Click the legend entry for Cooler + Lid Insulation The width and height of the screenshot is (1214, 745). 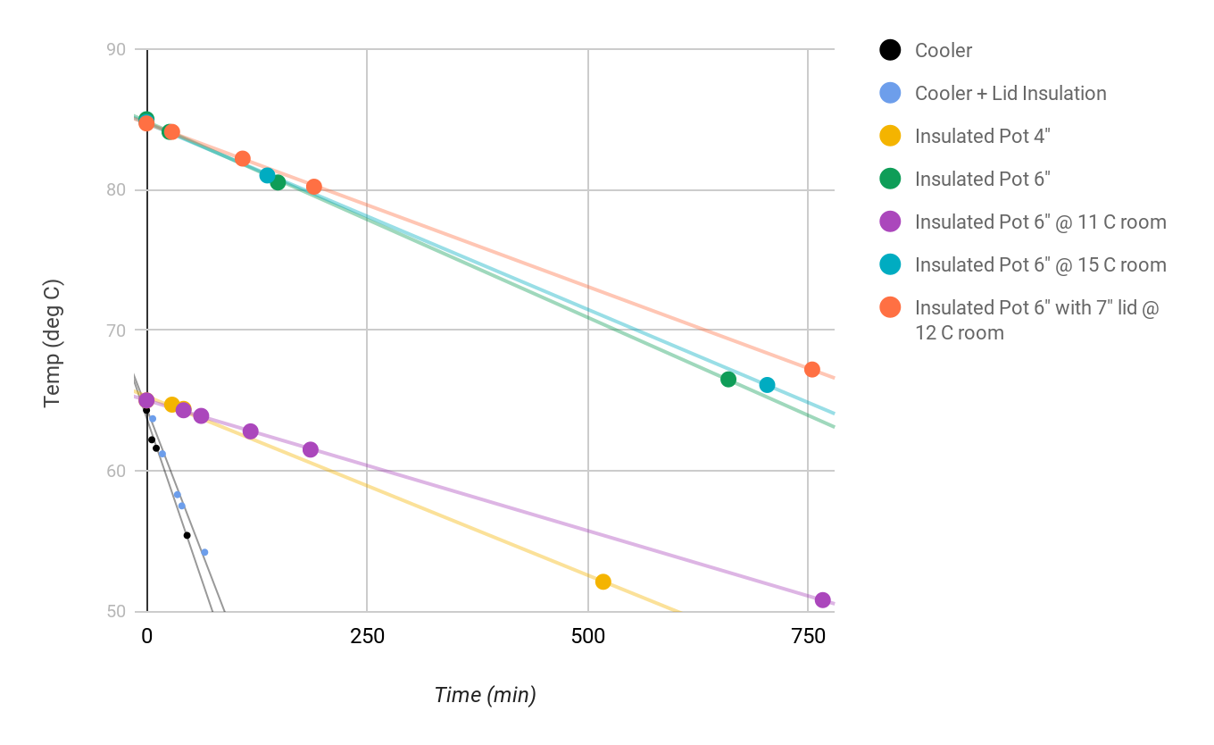[x=1010, y=93]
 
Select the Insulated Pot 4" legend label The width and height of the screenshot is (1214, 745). [x=982, y=136]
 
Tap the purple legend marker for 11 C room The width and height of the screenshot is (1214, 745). [x=890, y=222]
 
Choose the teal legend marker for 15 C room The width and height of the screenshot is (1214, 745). [x=890, y=264]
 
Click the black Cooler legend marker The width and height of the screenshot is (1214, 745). [x=890, y=50]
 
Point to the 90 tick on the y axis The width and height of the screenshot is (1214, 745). [x=117, y=50]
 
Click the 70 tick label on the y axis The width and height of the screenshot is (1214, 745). [x=117, y=331]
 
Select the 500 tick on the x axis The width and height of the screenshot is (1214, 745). [x=587, y=637]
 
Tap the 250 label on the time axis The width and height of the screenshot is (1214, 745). [x=367, y=637]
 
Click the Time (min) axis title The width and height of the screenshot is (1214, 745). [x=485, y=695]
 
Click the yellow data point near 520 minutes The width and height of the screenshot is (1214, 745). [x=603, y=582]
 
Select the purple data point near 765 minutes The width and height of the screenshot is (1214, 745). [x=823, y=600]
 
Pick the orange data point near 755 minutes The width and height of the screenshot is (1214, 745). [x=812, y=370]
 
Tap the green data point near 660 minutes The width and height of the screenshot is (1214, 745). [x=728, y=380]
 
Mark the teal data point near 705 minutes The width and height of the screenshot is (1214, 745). [x=767, y=385]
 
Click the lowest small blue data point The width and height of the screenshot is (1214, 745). [x=204, y=552]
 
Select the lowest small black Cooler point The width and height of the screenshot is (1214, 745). [x=187, y=535]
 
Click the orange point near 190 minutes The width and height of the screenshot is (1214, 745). [x=314, y=187]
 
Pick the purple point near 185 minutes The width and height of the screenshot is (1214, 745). [x=311, y=449]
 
